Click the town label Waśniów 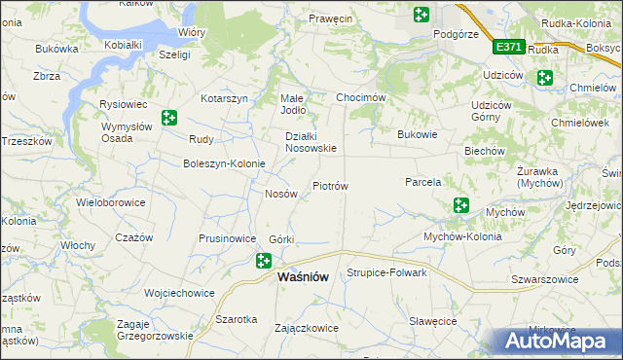coord(303,276)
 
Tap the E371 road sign coord(508,46)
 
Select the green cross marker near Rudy coord(169,118)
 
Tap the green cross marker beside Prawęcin coord(421,15)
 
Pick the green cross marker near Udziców coord(544,78)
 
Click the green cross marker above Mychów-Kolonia coord(460,205)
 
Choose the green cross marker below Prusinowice coord(264,260)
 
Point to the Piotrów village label coord(330,185)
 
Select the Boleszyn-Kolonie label coord(224,163)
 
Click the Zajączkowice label coord(308,328)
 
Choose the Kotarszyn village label coord(226,98)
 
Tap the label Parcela coord(423,182)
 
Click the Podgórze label coord(456,33)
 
